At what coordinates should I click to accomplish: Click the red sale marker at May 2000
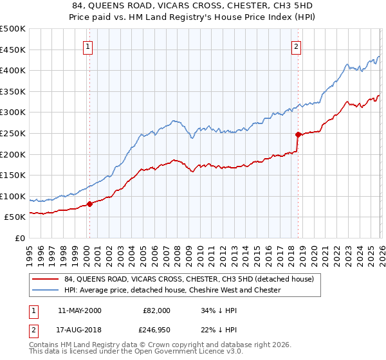coord(89,204)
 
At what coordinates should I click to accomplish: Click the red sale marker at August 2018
coord(298,134)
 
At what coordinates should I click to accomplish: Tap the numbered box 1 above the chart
coord(87,46)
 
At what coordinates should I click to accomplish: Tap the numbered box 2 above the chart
coord(296,46)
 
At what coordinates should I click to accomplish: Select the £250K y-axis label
coord(13,133)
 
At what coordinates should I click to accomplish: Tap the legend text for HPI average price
coord(172,290)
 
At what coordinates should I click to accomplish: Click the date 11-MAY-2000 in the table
coord(79,310)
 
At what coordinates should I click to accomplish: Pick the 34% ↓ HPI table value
coord(217,310)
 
